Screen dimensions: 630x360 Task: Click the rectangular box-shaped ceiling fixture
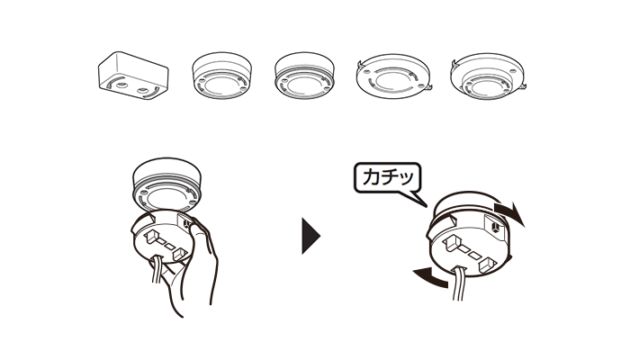133,76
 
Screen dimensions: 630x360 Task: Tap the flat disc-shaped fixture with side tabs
393,77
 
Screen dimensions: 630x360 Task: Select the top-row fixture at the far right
488,76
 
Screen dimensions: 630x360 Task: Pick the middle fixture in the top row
304,76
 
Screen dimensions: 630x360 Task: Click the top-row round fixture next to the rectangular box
221,76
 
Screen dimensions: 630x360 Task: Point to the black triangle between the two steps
310,236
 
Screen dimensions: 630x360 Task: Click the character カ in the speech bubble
371,176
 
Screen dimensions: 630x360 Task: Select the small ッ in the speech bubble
406,179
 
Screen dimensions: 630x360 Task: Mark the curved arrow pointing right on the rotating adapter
509,213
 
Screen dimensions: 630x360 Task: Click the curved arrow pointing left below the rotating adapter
431,277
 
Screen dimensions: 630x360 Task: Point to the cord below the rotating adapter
458,284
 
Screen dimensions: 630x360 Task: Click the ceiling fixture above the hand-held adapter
167,184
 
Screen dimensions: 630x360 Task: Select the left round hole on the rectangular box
121,85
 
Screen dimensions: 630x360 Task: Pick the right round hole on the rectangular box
142,91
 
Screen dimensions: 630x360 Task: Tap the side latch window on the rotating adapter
495,226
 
